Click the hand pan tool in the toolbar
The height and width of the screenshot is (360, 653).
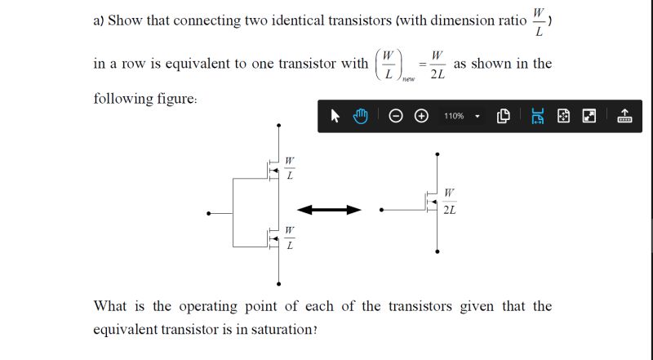click(360, 116)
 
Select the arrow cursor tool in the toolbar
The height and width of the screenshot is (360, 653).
click(335, 116)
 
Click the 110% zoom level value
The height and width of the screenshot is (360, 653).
click(454, 116)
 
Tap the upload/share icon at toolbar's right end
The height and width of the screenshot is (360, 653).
click(625, 116)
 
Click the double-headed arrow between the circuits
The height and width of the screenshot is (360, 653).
click(329, 210)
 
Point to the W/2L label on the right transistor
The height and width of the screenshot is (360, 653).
click(450, 202)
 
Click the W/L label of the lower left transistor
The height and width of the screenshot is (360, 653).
click(289, 238)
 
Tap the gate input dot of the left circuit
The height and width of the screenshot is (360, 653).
click(210, 213)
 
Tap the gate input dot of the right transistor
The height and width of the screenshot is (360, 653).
click(381, 210)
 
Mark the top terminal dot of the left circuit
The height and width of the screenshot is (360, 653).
click(279, 126)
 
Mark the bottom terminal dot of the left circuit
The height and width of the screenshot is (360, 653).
click(279, 284)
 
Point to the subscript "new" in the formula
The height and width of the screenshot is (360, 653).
click(408, 79)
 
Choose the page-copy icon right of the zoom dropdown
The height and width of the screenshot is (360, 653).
click(503, 116)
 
